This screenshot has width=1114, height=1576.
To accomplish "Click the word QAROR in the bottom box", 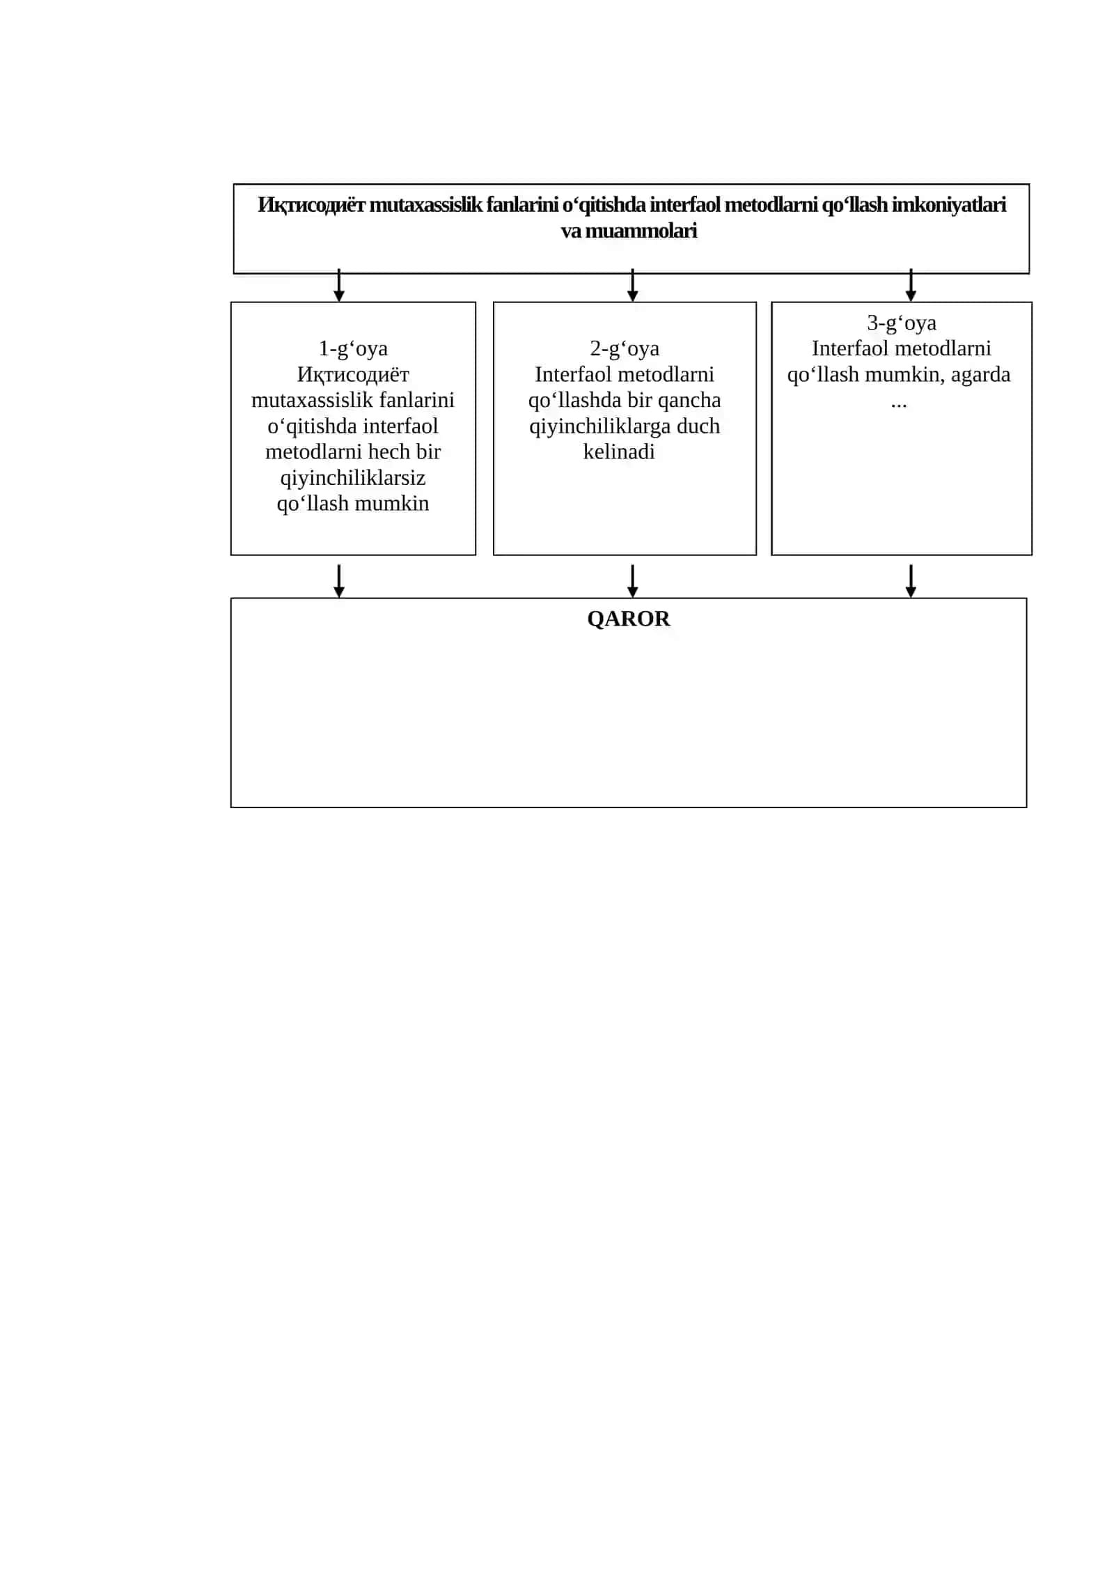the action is tap(628, 619).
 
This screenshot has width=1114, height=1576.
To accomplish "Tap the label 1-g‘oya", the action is tap(353, 348).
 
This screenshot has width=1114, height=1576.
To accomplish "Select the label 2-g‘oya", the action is tap(625, 348).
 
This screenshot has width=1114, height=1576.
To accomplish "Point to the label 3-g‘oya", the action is tap(902, 323).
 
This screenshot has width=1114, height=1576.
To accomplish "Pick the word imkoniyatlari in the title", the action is tap(949, 205).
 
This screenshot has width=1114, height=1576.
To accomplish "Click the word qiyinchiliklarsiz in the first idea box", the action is tap(353, 479).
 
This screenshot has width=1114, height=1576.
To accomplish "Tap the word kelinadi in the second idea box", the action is tap(619, 451).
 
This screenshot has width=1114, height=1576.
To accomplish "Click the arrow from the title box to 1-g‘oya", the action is tap(339, 285).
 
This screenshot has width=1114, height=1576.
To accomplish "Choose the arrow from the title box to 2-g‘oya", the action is tap(632, 285).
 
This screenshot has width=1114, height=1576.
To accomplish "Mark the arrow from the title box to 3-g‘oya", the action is tap(911, 285).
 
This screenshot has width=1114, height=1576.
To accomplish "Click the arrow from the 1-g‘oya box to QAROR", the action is tap(339, 581).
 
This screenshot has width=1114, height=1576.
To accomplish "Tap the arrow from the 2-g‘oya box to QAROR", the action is tap(632, 581).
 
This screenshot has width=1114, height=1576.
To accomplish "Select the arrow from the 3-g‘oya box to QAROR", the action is tap(911, 581).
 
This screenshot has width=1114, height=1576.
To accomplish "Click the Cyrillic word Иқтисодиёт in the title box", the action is tap(311, 206).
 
